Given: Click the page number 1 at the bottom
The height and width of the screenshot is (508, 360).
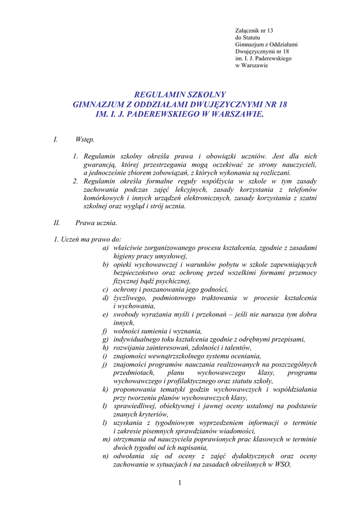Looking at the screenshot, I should coord(180,483).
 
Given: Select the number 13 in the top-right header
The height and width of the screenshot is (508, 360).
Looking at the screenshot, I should coord(270,31).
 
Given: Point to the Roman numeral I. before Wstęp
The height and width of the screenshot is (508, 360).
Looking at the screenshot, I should coord(56,140).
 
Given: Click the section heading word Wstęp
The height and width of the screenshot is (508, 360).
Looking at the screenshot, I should coord(85,140).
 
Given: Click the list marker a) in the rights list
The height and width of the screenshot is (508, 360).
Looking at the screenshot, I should coord(106,248).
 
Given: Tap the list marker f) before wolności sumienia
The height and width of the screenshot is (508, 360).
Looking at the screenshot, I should coord(105,331).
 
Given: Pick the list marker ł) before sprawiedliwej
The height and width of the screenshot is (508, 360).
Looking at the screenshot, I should coord(105,406).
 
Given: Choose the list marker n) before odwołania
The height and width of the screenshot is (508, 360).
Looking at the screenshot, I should coord(106,456).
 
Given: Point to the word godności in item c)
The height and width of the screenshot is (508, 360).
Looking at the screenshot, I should coord(214,289).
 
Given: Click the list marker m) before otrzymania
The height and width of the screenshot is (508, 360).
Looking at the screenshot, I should coord(106,440).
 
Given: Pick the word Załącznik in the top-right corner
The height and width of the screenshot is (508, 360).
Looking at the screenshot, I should coord(247,31).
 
